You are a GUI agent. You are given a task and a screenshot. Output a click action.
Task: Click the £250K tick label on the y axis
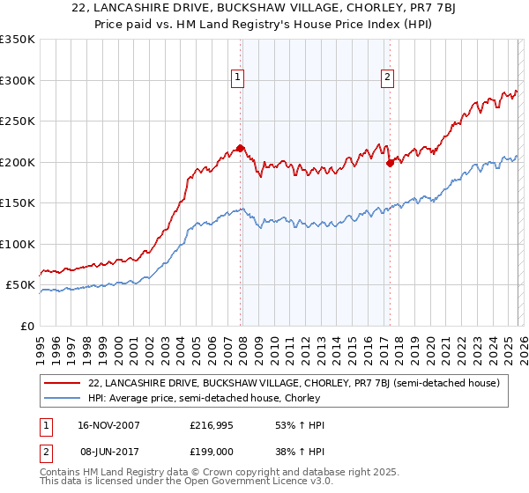18,121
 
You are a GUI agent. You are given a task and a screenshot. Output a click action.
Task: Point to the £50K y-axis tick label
20,285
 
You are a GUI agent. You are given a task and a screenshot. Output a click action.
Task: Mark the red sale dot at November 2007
240,149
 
